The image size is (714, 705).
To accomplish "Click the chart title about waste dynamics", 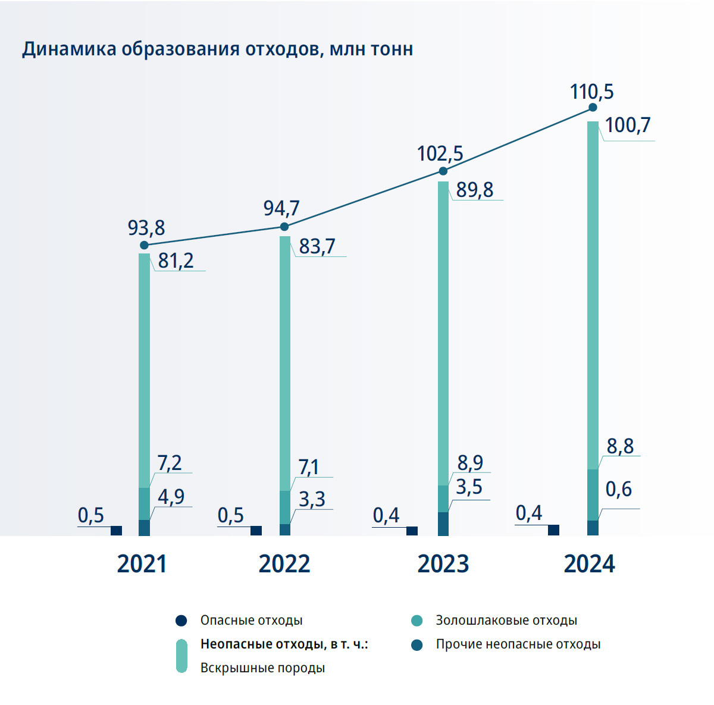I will point(217,49).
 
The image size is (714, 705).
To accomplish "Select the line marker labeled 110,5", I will point(593,108).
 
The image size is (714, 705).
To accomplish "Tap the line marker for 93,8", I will point(144,245).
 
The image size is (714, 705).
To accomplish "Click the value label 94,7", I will point(281,208).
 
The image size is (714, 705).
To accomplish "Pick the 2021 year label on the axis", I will point(142,564).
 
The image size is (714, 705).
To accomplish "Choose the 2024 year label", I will point(589,564).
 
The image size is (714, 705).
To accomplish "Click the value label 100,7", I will point(628,126).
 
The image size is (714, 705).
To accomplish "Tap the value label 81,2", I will point(176,261).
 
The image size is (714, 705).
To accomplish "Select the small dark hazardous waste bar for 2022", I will point(256,531).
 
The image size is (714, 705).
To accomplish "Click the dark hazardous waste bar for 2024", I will point(553,530).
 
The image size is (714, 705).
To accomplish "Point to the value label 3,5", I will point(469,487).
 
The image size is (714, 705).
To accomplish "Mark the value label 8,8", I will point(620,446).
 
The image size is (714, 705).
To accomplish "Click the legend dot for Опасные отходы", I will point(181,621).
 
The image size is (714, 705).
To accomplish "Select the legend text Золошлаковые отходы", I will point(506,621).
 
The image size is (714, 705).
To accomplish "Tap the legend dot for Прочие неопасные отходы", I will point(417,645).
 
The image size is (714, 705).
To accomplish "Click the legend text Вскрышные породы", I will point(262,668).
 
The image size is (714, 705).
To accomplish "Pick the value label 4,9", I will point(171,497).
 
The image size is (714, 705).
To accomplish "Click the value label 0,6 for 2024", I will point(618,490).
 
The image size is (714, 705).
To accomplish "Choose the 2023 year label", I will point(443,564).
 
